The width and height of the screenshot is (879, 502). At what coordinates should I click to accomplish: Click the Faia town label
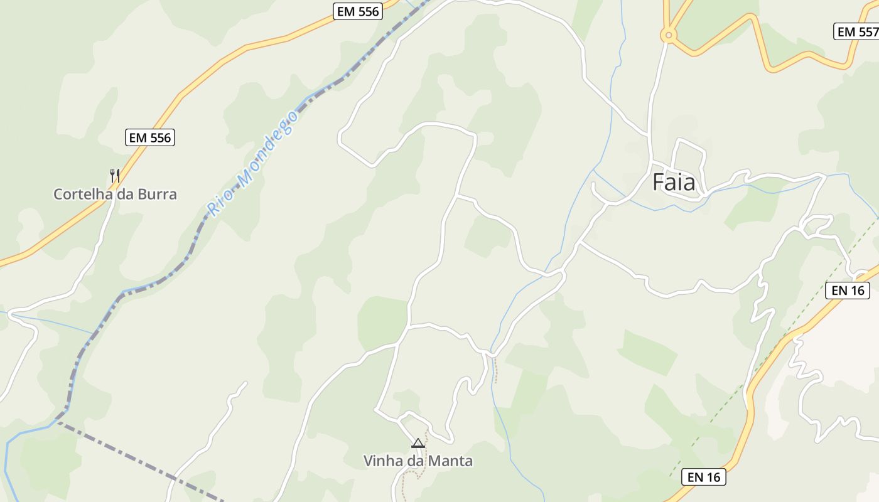coord(674,183)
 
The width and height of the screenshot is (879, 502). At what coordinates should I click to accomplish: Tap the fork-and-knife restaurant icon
coord(115,175)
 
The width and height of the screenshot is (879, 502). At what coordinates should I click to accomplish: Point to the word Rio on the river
coord(220,202)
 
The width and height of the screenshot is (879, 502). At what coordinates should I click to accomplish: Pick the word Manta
coord(451,461)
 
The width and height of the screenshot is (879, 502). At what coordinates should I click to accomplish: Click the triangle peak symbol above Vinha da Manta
coord(418,444)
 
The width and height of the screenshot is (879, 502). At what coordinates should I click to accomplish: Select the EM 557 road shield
coord(857,31)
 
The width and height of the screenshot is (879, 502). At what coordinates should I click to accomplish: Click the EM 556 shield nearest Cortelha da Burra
coord(150,137)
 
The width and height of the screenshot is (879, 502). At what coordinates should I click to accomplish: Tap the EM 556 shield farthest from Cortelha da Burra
coord(358,11)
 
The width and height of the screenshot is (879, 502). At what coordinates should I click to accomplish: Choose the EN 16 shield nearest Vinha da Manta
coord(704,477)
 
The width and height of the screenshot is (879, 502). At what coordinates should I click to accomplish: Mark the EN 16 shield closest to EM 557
coord(848,290)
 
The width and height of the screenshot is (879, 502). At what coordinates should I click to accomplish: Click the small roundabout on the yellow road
coord(669,35)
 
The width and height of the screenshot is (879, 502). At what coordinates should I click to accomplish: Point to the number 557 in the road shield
coord(866,31)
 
